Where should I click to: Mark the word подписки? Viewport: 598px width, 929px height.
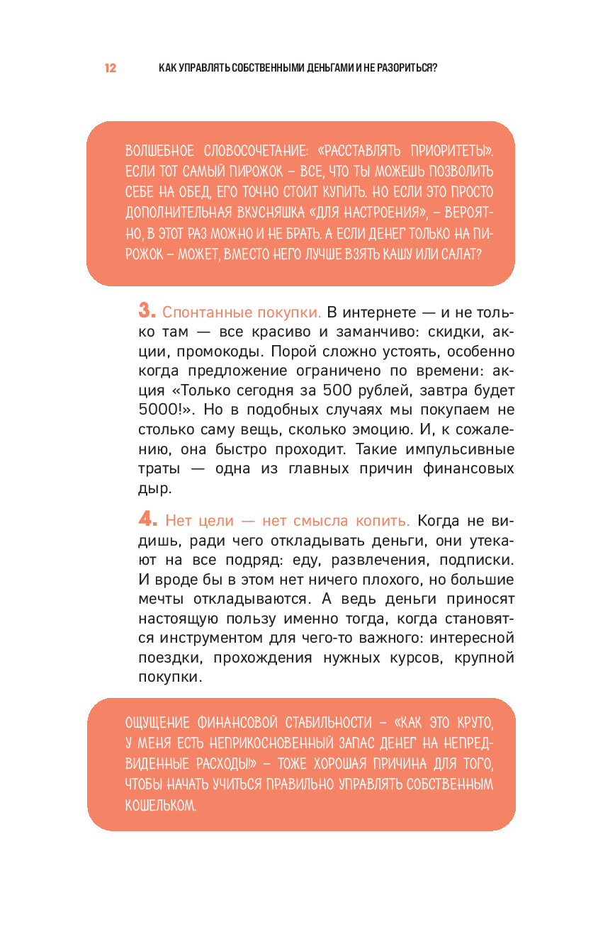475,560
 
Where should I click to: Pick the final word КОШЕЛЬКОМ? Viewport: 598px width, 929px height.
159,806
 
